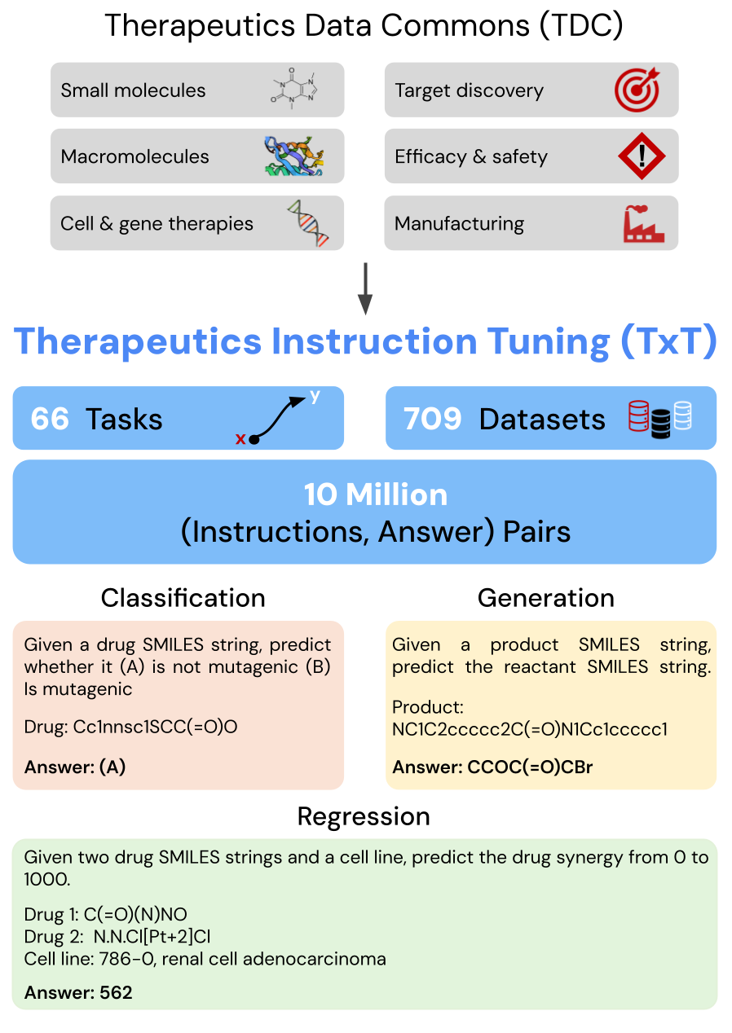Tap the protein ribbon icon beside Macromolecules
pyautogui.click(x=293, y=156)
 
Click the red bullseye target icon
pyautogui.click(x=636, y=90)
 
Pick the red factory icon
pyautogui.click(x=643, y=223)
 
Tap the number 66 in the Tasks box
pyautogui.click(x=50, y=419)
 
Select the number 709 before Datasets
pyautogui.click(x=432, y=419)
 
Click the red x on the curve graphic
pyautogui.click(x=240, y=439)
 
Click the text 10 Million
pyautogui.click(x=375, y=495)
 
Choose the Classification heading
pyautogui.click(x=183, y=598)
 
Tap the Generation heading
pyautogui.click(x=546, y=598)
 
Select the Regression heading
pyautogui.click(x=364, y=816)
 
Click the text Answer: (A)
pyautogui.click(x=75, y=767)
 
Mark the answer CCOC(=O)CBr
pyautogui.click(x=530, y=767)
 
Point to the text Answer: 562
pyautogui.click(x=78, y=992)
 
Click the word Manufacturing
pyautogui.click(x=459, y=223)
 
